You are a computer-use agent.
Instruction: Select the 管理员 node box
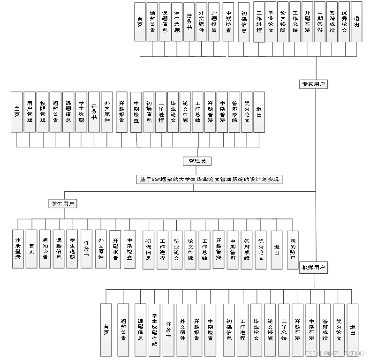pos(197,161)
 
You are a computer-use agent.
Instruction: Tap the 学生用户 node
pos(63,204)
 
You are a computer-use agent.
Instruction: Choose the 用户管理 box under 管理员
pos(30,112)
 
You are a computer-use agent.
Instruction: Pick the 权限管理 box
pos(43,112)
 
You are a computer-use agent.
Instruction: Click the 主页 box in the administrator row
pos(17,112)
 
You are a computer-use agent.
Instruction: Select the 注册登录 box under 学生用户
pos(18,248)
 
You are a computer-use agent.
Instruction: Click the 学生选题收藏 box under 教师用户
pos(155,330)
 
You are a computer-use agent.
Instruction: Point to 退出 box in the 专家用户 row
pos(357,22)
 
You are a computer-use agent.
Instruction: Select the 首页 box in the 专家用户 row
pos(140,22)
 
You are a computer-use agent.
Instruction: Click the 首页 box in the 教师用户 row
pos(106,330)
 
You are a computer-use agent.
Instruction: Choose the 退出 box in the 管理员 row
pos(259,112)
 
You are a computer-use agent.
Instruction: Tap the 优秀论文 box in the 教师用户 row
pos(339,330)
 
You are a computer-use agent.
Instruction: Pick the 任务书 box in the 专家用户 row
pos(189,22)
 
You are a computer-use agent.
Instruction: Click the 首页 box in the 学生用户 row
pos(31,248)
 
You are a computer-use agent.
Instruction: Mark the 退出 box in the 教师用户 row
pos(352,330)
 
